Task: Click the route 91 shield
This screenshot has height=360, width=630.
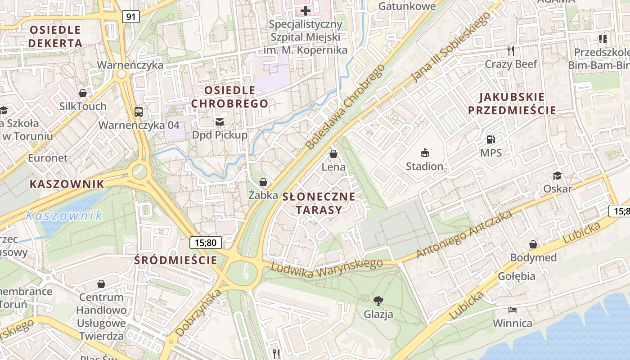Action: (x=130, y=17)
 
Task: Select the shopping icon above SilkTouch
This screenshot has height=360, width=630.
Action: (x=83, y=93)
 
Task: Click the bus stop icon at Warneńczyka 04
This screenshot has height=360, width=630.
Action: (x=139, y=112)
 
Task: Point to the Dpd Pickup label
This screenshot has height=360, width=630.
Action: (x=220, y=135)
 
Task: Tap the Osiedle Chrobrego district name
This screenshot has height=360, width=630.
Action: (x=229, y=97)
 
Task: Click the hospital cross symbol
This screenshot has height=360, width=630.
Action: (x=306, y=10)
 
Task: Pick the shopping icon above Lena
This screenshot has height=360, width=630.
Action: (x=333, y=154)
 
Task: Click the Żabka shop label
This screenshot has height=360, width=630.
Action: (x=263, y=195)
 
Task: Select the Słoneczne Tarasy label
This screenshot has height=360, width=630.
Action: (x=319, y=203)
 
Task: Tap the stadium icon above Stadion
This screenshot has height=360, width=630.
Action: (x=424, y=153)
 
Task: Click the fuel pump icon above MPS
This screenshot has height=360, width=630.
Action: (x=490, y=139)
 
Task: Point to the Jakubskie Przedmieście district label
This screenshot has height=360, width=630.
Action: (x=512, y=103)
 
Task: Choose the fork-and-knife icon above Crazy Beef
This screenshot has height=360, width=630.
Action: (x=510, y=50)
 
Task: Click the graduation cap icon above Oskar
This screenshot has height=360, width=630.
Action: (x=557, y=175)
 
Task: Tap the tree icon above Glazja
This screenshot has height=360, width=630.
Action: (x=378, y=300)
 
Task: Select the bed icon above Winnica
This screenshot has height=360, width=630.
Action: (x=512, y=310)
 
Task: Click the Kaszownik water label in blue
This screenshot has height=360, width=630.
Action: (x=64, y=216)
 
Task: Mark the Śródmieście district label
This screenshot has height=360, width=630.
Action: (x=176, y=260)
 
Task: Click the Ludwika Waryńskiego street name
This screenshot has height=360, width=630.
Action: (x=327, y=269)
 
